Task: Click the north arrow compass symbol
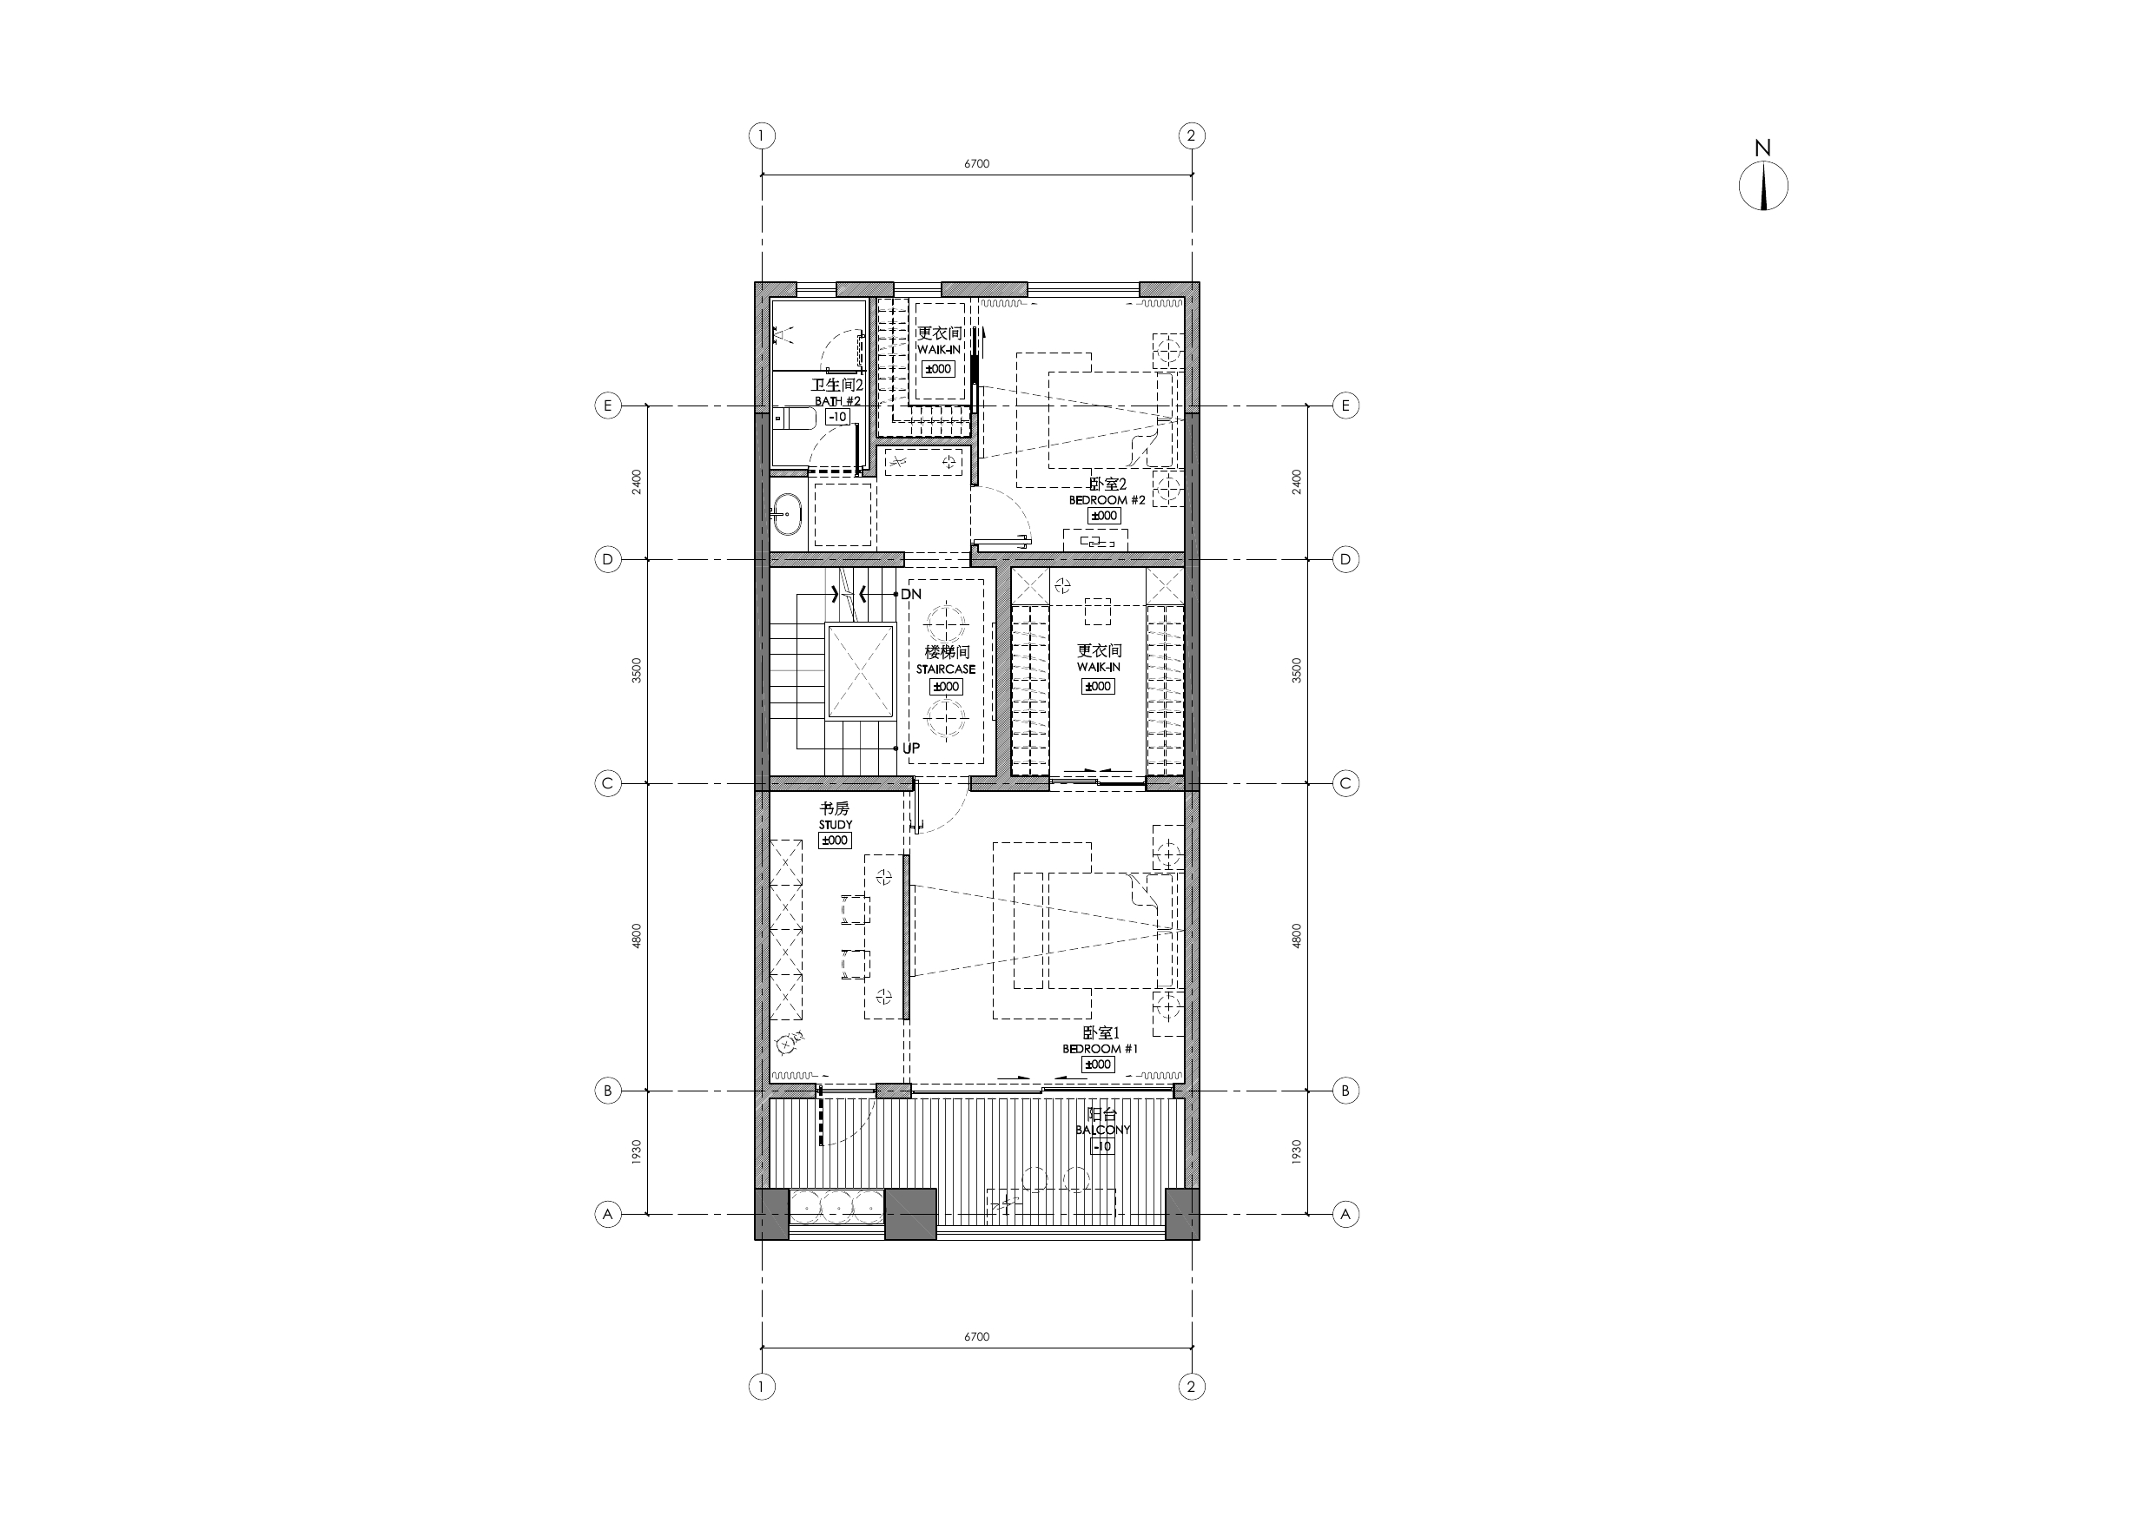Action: [x=1762, y=185]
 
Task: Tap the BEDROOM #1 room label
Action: [x=1100, y=1048]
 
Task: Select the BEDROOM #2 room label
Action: [x=1107, y=500]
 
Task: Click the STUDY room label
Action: [x=836, y=825]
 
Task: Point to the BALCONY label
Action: [x=1103, y=1130]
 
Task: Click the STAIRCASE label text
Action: [x=945, y=669]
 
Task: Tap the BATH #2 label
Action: [x=837, y=400]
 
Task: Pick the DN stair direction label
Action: [x=911, y=594]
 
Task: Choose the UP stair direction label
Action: [x=911, y=748]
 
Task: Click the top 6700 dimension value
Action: [x=976, y=163]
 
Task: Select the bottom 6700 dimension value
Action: [x=976, y=1336]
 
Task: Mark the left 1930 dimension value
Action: [x=637, y=1152]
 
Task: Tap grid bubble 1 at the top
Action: [x=761, y=136]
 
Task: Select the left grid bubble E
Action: [x=608, y=405]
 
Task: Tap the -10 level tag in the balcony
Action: [x=1103, y=1146]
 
